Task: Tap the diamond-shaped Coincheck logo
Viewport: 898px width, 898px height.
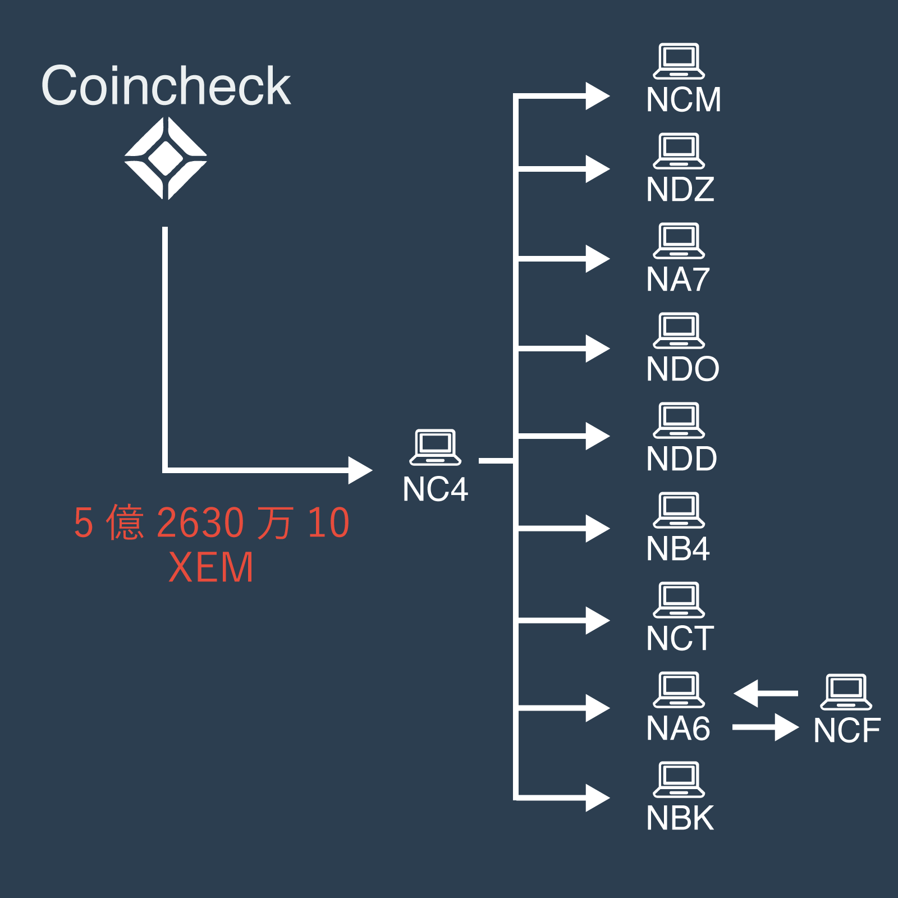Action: (166, 158)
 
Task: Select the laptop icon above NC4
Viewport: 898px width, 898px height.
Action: (435, 447)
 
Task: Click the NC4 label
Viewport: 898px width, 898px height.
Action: (435, 489)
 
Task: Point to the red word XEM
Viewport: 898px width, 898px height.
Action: (211, 567)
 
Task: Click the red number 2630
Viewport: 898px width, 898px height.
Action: (200, 523)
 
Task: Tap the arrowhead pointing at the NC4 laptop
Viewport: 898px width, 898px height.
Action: (359, 470)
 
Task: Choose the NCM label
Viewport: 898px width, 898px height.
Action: (683, 100)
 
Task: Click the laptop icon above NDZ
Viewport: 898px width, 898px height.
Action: (679, 151)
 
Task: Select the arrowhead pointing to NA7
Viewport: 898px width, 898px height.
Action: (597, 259)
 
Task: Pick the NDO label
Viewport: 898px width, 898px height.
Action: (682, 369)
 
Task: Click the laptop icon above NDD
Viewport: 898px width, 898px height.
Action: (679, 420)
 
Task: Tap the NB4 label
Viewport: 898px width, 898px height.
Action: (678, 549)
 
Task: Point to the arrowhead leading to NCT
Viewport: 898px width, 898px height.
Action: (597, 620)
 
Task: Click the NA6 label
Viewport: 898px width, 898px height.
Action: (678, 729)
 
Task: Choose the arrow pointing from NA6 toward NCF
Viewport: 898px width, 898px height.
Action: (766, 727)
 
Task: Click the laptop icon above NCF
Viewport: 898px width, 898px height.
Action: (846, 692)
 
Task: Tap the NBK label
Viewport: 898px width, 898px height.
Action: (680, 818)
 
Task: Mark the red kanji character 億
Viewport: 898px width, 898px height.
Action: (125, 523)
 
